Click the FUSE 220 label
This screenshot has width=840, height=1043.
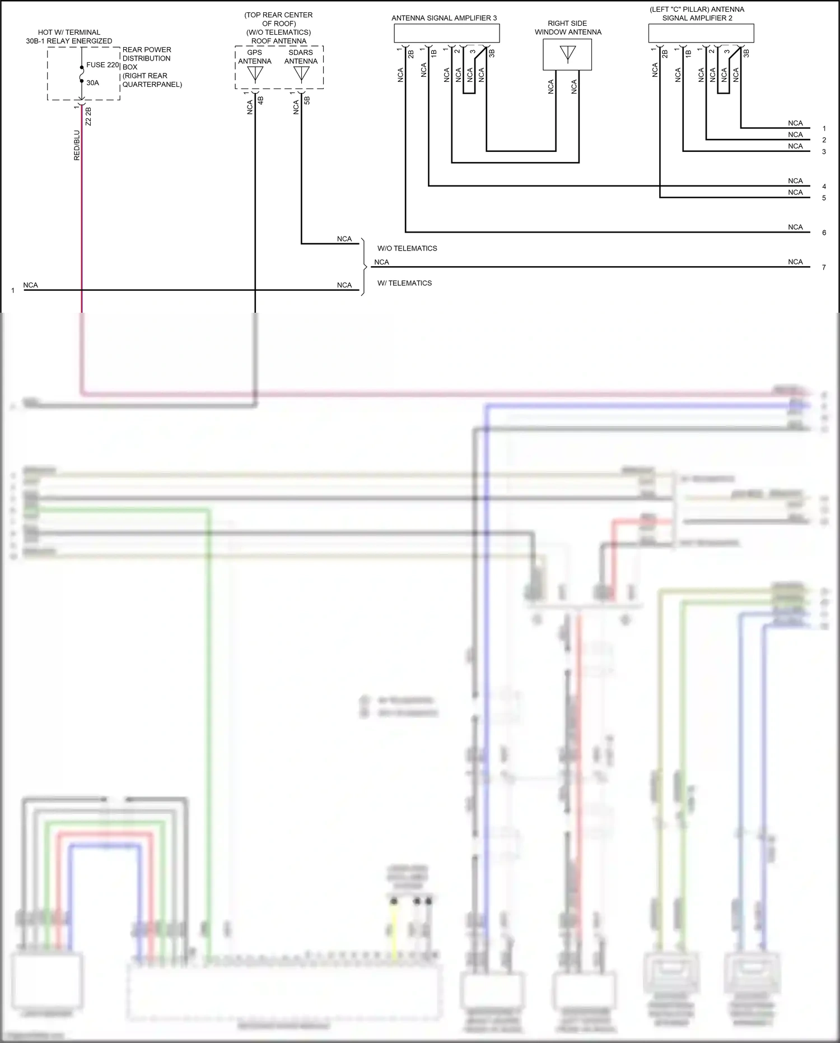coord(102,65)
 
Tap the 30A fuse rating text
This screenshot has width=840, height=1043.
coord(92,83)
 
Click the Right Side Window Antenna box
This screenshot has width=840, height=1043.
coord(567,54)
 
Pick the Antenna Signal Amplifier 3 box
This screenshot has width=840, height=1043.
coord(446,34)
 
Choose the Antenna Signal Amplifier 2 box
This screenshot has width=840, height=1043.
coord(701,34)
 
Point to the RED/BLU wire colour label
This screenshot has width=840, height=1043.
coord(77,145)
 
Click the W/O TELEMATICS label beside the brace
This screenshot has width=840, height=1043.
coord(407,248)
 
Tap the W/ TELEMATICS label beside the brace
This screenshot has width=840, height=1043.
coord(404,283)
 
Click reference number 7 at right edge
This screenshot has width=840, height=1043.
coord(824,267)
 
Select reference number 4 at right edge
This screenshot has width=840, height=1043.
coord(824,187)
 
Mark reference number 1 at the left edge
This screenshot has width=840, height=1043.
coord(13,290)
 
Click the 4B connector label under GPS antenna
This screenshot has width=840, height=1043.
coord(260,101)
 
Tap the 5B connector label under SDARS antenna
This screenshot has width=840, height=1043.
coord(307,101)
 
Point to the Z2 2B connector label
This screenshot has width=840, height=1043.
coord(88,116)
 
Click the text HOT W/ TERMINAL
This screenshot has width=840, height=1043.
coord(69,33)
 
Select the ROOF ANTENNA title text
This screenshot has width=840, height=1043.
coord(279,41)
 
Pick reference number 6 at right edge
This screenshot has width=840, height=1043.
coord(824,233)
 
